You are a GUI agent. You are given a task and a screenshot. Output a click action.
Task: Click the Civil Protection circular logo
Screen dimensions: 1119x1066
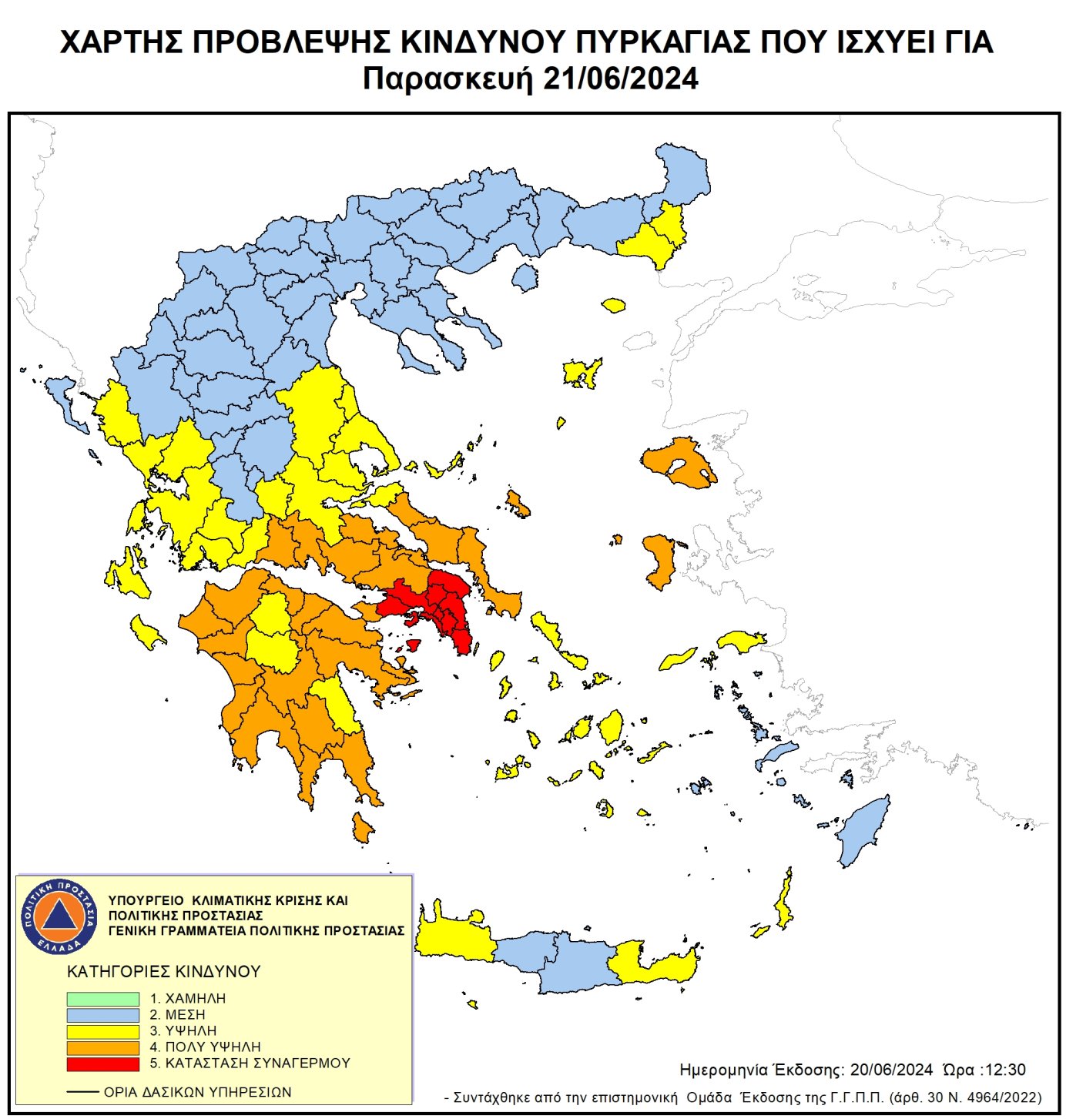coord(59,916)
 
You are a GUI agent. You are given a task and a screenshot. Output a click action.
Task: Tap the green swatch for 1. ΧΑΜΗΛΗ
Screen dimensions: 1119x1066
coord(102,998)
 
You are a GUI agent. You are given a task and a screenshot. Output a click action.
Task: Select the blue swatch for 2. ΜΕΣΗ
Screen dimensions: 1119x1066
coord(102,1015)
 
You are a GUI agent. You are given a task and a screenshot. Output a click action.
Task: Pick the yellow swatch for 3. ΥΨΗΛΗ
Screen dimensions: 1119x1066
coord(102,1031)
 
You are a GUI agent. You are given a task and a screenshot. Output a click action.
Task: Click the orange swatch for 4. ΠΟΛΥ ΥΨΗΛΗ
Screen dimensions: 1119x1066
coord(102,1047)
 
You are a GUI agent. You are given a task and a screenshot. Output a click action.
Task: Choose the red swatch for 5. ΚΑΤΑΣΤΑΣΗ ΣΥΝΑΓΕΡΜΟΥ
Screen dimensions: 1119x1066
coord(102,1064)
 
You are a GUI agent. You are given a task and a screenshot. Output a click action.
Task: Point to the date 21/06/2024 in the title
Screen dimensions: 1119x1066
coord(621,79)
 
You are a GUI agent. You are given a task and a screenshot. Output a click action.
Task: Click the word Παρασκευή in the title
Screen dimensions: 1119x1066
coord(448,79)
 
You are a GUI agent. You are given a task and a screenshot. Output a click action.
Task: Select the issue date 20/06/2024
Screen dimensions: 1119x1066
coord(891,1070)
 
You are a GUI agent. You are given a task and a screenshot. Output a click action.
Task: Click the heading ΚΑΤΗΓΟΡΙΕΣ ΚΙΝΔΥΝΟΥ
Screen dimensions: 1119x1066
coord(164,971)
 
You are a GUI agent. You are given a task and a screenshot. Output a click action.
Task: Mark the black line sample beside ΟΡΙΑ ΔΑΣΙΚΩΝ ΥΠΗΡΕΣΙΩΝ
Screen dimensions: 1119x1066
coord(82,1092)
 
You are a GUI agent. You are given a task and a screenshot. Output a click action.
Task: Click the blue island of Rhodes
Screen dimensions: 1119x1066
coord(863,830)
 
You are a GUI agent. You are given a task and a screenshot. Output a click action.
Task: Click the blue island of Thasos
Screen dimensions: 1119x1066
coord(525,277)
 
